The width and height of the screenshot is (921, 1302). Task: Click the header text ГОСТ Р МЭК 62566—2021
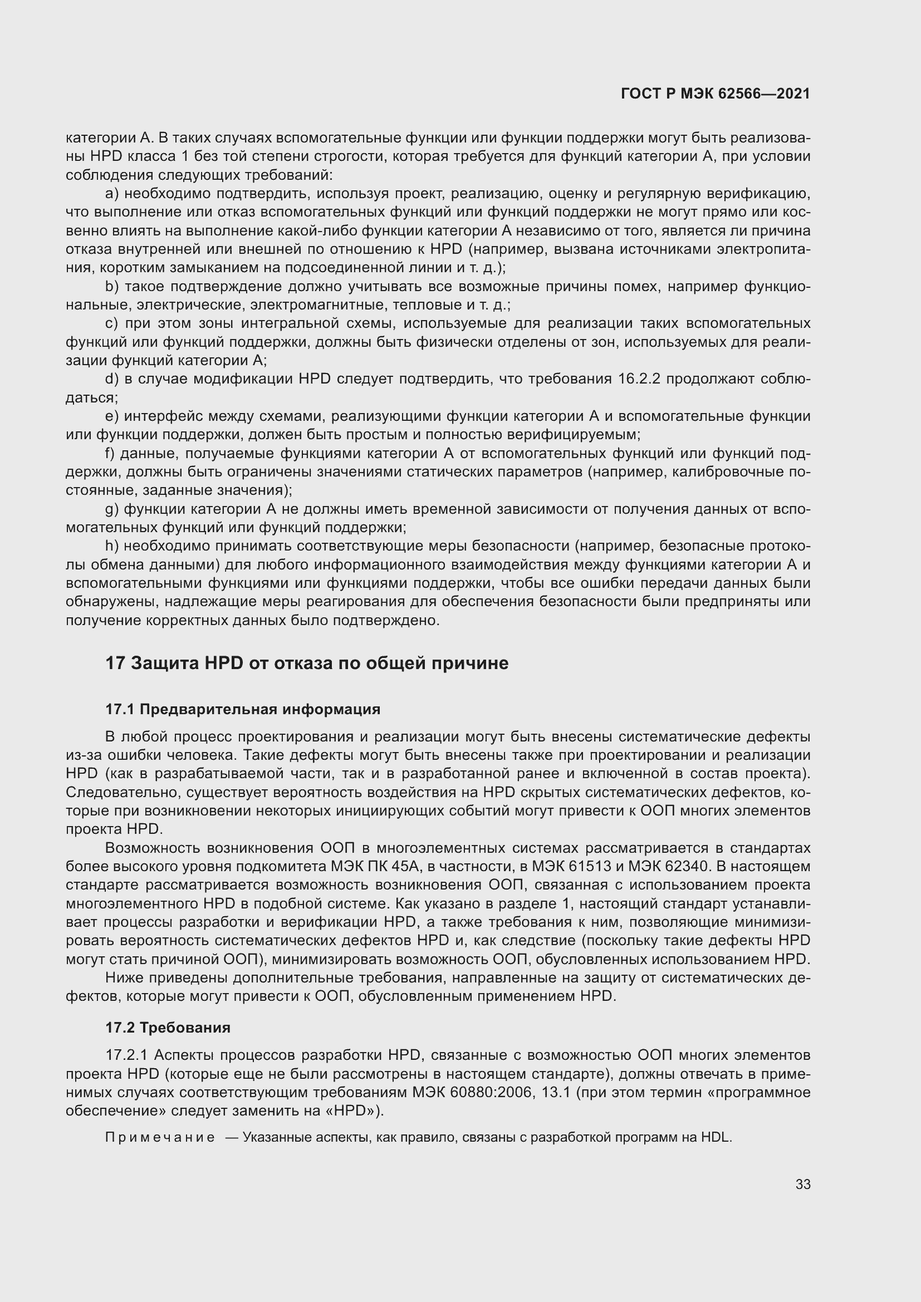coord(715,94)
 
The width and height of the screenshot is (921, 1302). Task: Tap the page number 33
coord(802,1184)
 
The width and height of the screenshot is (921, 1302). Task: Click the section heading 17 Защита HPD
coord(307,663)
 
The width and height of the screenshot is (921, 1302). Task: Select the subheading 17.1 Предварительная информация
coord(243,709)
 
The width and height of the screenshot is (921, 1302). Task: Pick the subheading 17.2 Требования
coord(168,1028)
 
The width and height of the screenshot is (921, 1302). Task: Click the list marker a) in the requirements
coord(112,194)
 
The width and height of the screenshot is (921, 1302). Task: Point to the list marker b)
coord(112,287)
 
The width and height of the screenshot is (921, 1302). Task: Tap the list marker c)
coord(112,324)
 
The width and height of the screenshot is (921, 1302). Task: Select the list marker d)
coord(112,379)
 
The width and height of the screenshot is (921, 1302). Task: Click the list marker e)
coord(112,416)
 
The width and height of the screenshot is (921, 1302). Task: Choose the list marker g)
coord(112,509)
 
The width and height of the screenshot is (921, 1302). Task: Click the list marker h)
coord(112,546)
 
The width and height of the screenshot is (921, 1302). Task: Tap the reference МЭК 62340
coord(668,867)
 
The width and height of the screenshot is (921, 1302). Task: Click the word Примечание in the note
coord(160,1138)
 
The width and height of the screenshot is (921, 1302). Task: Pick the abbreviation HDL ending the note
coord(716,1138)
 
